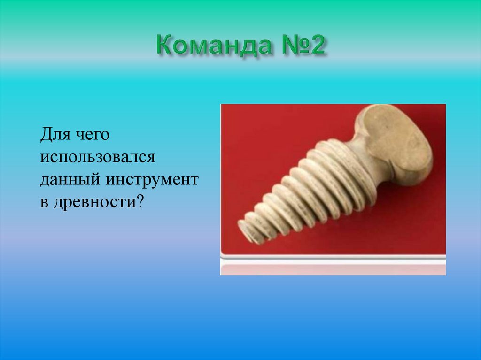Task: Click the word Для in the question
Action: tap(54, 135)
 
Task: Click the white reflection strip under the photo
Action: tap(333, 268)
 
